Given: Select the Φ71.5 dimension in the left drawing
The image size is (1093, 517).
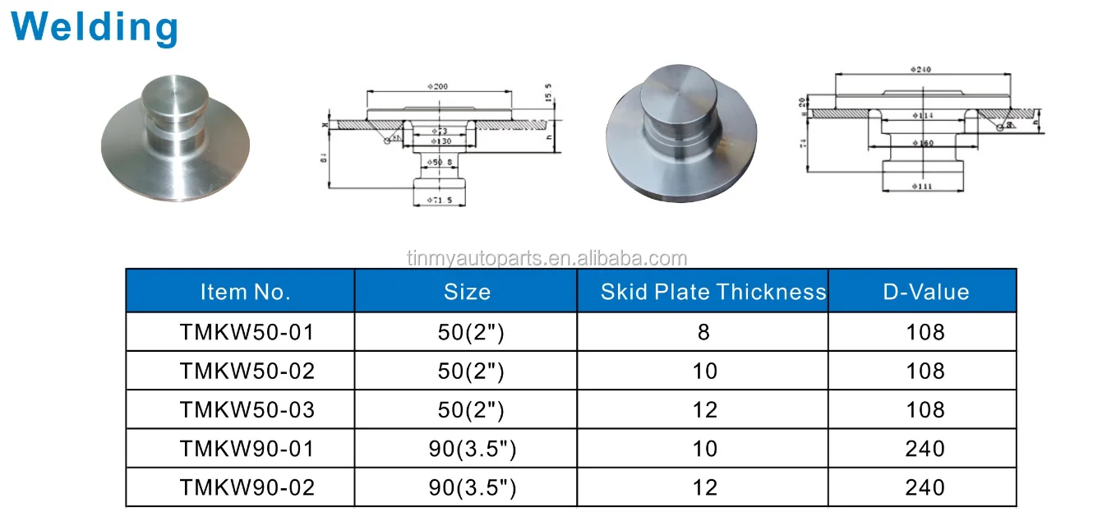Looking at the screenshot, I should pos(440,201).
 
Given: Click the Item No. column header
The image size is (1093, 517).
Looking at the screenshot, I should pos(245,292).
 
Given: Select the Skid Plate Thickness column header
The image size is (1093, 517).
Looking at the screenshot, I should pos(713,292).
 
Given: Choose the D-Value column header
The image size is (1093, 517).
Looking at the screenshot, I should pos(926,292).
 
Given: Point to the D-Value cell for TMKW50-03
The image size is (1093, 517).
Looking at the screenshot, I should pos(925,410).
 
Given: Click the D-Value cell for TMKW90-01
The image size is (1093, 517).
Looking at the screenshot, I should pos(925,449).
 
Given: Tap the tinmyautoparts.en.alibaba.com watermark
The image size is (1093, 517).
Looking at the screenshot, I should pos(546,259).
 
